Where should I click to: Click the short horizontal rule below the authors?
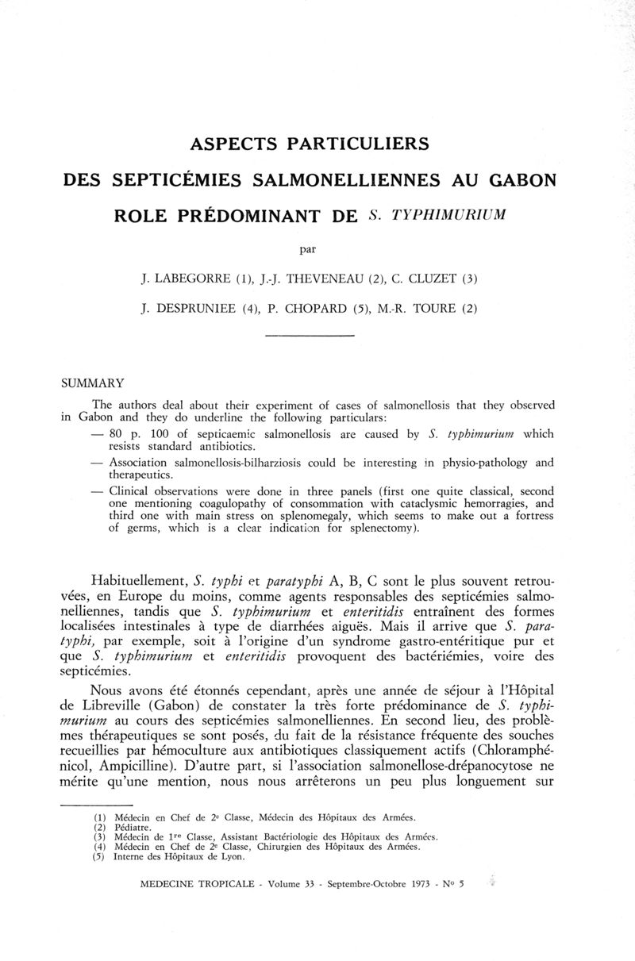(x=308, y=336)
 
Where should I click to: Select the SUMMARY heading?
(x=92, y=382)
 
